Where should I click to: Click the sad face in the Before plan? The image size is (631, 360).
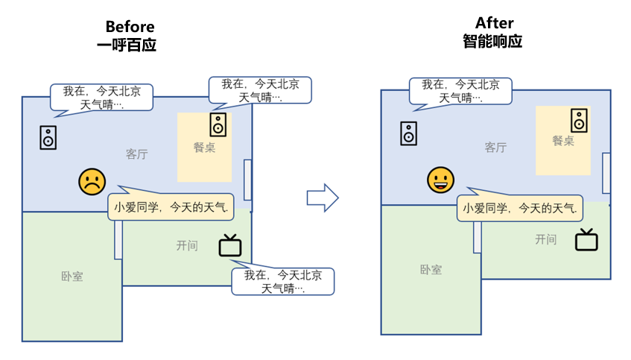92,182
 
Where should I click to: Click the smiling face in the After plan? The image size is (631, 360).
440,179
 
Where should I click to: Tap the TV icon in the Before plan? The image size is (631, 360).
229,245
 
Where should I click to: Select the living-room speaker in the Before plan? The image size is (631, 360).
48,137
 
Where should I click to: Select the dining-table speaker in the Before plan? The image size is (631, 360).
218,124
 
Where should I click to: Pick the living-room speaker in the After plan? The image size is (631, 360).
408,133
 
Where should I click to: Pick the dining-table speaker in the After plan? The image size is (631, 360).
579,119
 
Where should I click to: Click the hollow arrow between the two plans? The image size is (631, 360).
323,198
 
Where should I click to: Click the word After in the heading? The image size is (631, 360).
494,23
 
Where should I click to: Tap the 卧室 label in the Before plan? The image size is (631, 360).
72,277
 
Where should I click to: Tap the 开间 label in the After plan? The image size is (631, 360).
545,239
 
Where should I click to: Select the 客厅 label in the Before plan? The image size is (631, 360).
136,154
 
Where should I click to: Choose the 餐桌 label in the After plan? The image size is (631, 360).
563,140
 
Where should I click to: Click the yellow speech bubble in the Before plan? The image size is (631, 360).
171,206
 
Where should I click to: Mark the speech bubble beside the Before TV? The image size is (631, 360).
282,281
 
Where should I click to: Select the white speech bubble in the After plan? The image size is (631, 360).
460,91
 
